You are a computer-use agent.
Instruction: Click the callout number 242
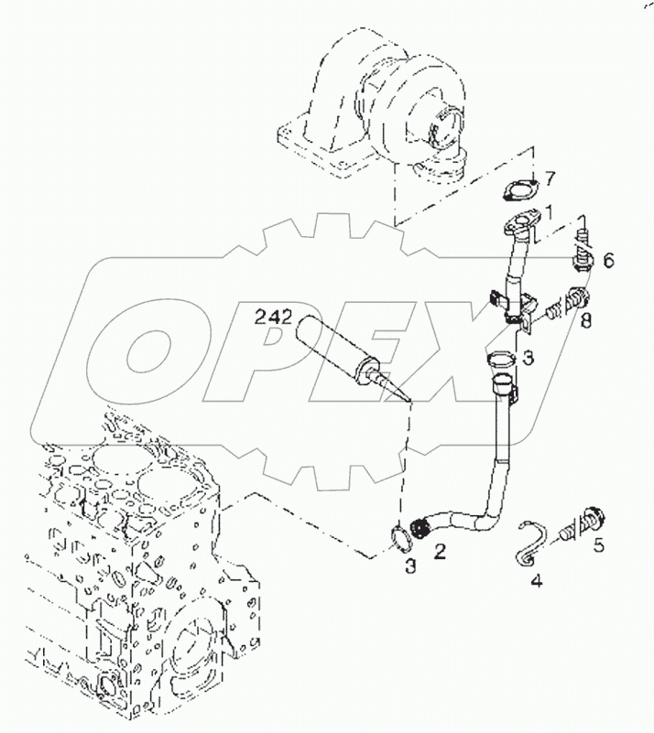273,318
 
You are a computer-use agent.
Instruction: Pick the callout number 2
441,550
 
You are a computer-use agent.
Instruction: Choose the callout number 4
537,579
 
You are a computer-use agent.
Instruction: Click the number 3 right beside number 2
411,566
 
